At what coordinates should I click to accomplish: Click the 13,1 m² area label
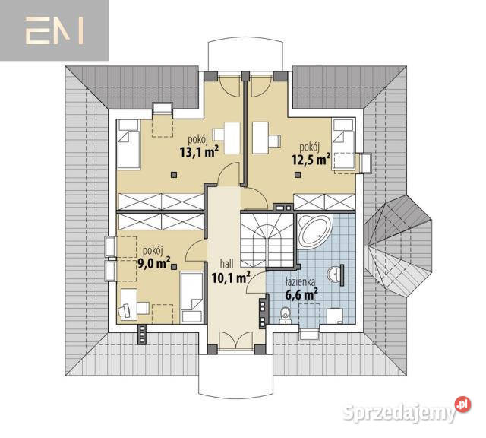[199, 152]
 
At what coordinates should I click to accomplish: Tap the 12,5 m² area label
[311, 159]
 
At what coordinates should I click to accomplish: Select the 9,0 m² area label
[154, 263]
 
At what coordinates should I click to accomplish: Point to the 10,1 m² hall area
[231, 278]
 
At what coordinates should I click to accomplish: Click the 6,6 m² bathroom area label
[301, 294]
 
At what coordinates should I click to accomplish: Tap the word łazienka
[300, 281]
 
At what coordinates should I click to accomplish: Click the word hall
[226, 264]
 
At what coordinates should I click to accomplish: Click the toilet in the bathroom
[285, 315]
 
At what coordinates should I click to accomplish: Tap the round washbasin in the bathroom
[333, 275]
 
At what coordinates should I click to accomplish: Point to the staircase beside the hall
[267, 240]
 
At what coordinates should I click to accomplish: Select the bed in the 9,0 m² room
[191, 297]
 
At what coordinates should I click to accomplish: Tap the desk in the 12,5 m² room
[260, 138]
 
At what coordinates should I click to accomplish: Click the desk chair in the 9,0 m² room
[125, 310]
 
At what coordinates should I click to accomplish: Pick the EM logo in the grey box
[54, 30]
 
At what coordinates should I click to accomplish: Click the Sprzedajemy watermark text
[399, 412]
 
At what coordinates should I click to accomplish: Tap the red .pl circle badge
[462, 405]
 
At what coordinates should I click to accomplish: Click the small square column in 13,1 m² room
[174, 175]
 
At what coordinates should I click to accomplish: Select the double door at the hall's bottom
[236, 340]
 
